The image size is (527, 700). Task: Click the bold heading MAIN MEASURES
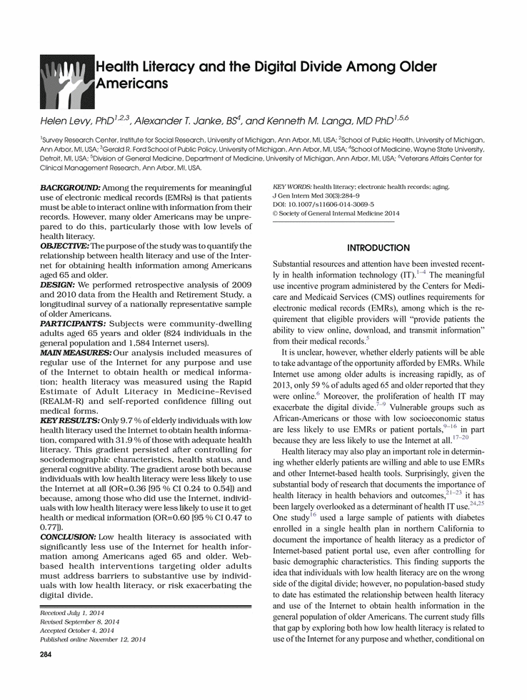74,352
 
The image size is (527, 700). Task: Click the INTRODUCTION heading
378,248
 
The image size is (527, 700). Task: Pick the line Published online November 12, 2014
93,639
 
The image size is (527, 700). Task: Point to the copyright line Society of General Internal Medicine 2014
339,213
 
